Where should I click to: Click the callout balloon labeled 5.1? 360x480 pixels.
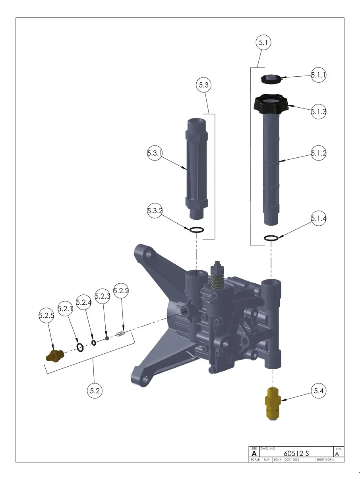tap(263, 42)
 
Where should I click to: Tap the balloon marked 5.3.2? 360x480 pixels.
tap(155, 210)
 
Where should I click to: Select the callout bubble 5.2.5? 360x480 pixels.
tap(46, 315)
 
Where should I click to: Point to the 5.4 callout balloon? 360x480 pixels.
tap(318, 391)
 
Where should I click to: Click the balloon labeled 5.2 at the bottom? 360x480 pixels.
tap(95, 391)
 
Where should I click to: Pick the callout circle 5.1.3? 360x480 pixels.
tap(318, 111)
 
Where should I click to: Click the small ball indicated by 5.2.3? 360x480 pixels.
tap(107, 338)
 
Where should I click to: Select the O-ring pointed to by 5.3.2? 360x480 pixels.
tap(196, 230)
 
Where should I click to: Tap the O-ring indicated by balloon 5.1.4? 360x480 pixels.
tap(271, 238)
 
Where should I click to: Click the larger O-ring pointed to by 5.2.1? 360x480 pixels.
tap(80, 347)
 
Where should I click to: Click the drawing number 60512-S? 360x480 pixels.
tap(296, 453)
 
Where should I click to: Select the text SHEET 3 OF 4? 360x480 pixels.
tap(325, 460)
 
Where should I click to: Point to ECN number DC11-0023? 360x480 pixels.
tap(292, 460)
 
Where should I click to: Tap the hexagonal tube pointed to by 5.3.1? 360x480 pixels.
tap(197, 168)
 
